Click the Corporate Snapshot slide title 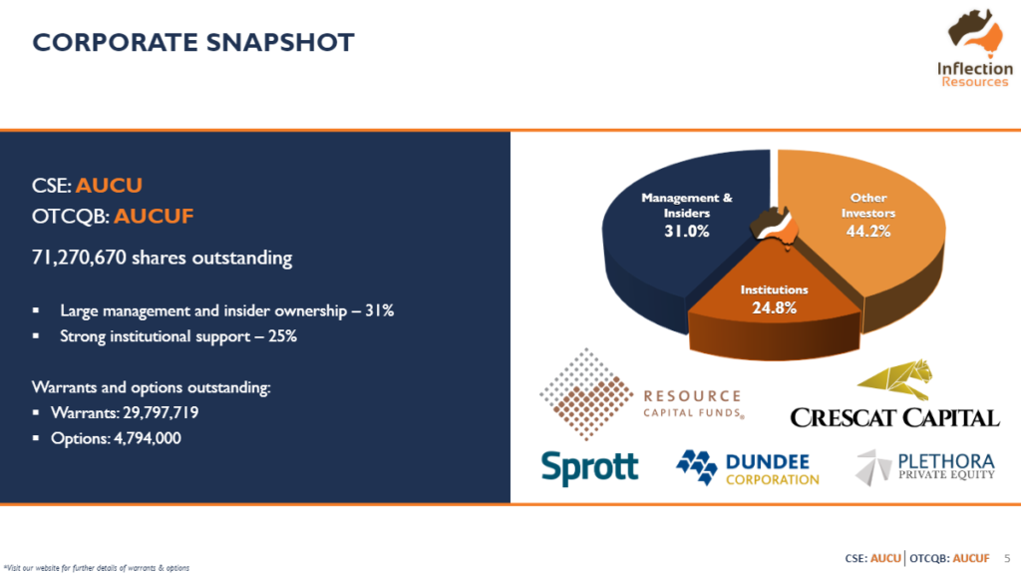(193, 42)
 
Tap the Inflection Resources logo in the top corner (975, 48)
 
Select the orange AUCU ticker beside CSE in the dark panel (109, 185)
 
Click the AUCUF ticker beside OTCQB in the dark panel (154, 216)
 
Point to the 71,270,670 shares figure (79, 258)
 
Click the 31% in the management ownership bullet (379, 310)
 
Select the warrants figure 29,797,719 (161, 412)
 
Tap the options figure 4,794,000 (148, 438)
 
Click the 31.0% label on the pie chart (686, 232)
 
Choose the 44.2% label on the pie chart (868, 232)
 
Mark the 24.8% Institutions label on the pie (774, 307)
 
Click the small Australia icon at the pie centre (775, 229)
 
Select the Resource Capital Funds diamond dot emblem (586, 393)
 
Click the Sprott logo (590, 467)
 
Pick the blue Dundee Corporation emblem (697, 467)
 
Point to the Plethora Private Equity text (946, 467)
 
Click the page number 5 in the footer (1007, 559)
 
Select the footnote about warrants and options (97, 568)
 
